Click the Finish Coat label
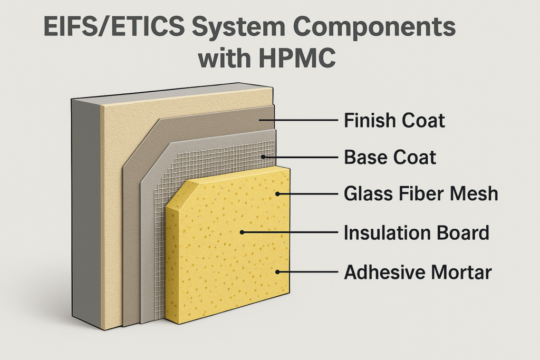[x=394, y=121]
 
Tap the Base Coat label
[x=390, y=157]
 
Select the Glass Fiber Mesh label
[x=421, y=194]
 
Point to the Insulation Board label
[x=417, y=232]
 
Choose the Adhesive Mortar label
[x=418, y=273]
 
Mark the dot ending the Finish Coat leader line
[x=259, y=121]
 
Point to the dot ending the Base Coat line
[x=263, y=157]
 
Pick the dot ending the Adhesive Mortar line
[x=278, y=272]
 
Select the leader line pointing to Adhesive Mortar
[x=308, y=272]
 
